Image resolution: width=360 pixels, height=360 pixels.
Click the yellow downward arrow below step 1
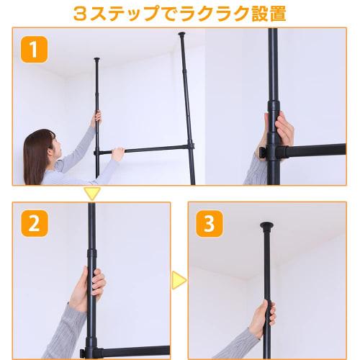(91, 193)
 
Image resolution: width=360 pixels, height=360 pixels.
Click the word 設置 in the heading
(246, 13)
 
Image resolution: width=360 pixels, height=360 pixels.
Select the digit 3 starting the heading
(96, 13)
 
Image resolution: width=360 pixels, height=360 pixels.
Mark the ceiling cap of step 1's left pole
(96, 59)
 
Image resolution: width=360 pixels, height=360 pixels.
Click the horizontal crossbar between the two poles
(144, 149)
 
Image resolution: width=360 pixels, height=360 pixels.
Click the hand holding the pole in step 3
(265, 315)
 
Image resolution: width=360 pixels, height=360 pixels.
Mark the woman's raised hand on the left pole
(94, 117)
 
